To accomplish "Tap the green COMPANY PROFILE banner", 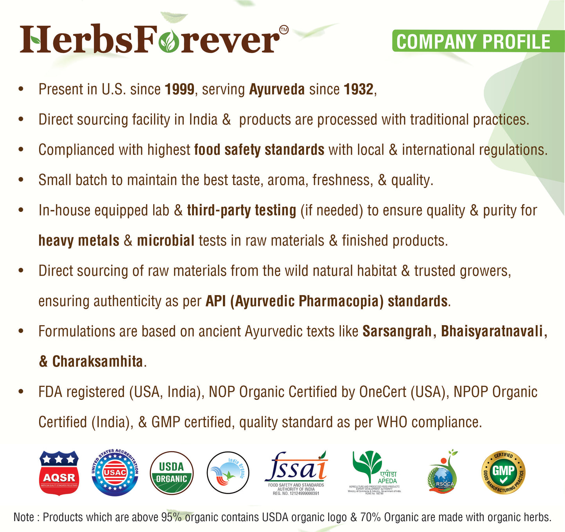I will [474, 41].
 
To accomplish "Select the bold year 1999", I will [179, 90].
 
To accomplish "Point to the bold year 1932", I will [359, 90].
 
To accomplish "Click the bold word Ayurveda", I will [277, 90].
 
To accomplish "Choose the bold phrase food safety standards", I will [259, 150].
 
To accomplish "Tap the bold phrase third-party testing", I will [241, 210].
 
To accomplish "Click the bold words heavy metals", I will [79, 241].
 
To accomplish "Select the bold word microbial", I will [165, 241].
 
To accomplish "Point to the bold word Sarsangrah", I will [397, 331].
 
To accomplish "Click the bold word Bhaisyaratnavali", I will [492, 331].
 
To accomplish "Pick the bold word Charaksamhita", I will [97, 362].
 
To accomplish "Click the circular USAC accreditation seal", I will [115, 473].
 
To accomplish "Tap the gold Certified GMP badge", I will [503, 473].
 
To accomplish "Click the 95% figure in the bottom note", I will [171, 518].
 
